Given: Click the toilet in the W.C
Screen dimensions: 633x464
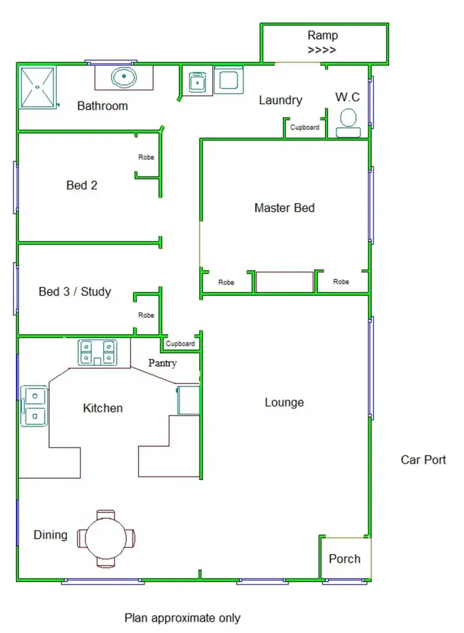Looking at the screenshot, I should pyautogui.click(x=348, y=122).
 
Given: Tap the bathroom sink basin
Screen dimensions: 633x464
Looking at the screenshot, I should pyautogui.click(x=124, y=78).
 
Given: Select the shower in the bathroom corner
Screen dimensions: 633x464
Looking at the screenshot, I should pyautogui.click(x=38, y=87).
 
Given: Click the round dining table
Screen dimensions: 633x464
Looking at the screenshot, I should pyautogui.click(x=106, y=538).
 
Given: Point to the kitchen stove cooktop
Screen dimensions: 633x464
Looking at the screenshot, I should pyautogui.click(x=98, y=352).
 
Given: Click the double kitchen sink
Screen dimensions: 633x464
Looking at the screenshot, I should pyautogui.click(x=34, y=407).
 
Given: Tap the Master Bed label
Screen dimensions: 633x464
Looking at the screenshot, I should pyautogui.click(x=284, y=208).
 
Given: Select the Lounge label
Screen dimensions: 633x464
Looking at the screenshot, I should pyautogui.click(x=284, y=403).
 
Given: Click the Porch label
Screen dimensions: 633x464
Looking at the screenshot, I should pyautogui.click(x=345, y=559).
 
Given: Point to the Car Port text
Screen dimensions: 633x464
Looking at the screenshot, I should pyautogui.click(x=423, y=460).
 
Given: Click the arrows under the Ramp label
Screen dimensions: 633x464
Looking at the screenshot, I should pyautogui.click(x=322, y=50).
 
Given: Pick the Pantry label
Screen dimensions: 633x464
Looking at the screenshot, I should pyautogui.click(x=163, y=363).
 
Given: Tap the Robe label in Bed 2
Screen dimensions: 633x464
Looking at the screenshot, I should pyautogui.click(x=146, y=157).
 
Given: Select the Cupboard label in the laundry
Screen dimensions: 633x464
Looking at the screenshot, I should pyautogui.click(x=305, y=128).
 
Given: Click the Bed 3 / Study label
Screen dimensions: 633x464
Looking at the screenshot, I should pyautogui.click(x=75, y=292).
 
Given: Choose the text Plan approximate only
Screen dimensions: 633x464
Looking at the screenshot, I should pyautogui.click(x=183, y=618).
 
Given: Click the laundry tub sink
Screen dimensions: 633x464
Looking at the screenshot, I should pyautogui.click(x=197, y=82).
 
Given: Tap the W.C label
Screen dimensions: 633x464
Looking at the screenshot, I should pyautogui.click(x=348, y=97).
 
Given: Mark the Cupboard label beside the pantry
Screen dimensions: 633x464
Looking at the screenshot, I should pyautogui.click(x=181, y=344).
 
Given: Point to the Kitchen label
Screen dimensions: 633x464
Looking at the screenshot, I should pyautogui.click(x=103, y=408).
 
